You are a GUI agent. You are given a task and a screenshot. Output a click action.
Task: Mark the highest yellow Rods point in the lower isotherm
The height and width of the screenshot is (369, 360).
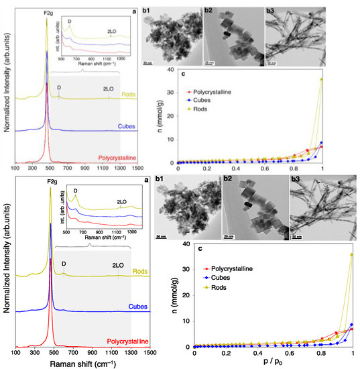coord(351,255)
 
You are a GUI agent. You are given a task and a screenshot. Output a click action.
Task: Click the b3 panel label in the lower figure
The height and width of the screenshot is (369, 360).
coord(294,191)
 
